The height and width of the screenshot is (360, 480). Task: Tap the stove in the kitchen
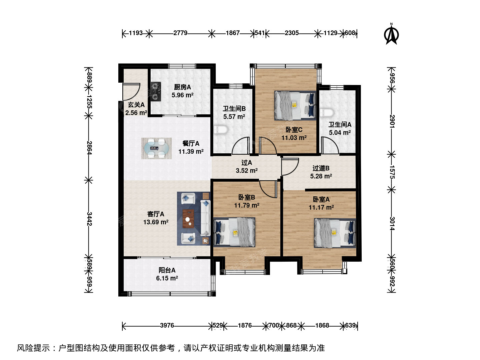[155, 92]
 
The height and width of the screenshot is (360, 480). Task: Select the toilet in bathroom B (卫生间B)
[221, 130]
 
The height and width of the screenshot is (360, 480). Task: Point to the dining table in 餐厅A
[156, 148]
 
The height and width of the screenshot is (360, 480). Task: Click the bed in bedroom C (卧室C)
[295, 106]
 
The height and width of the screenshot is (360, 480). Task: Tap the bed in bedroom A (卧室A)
[335, 233]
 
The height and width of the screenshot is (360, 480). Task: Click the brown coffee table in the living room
[188, 219]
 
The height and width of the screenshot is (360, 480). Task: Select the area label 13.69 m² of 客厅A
[156, 222]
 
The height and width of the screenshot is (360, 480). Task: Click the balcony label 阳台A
[167, 270]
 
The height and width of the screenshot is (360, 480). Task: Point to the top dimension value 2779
[180, 33]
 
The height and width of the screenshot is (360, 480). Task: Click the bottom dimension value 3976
[167, 325]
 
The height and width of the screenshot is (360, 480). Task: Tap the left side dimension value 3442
[89, 219]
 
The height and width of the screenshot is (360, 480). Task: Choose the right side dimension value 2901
[392, 122]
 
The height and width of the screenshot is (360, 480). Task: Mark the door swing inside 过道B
[290, 167]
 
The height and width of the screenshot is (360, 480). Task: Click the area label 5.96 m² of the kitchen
[182, 95]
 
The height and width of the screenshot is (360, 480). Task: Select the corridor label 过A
[247, 163]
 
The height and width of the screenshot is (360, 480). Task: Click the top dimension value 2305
[292, 33]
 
